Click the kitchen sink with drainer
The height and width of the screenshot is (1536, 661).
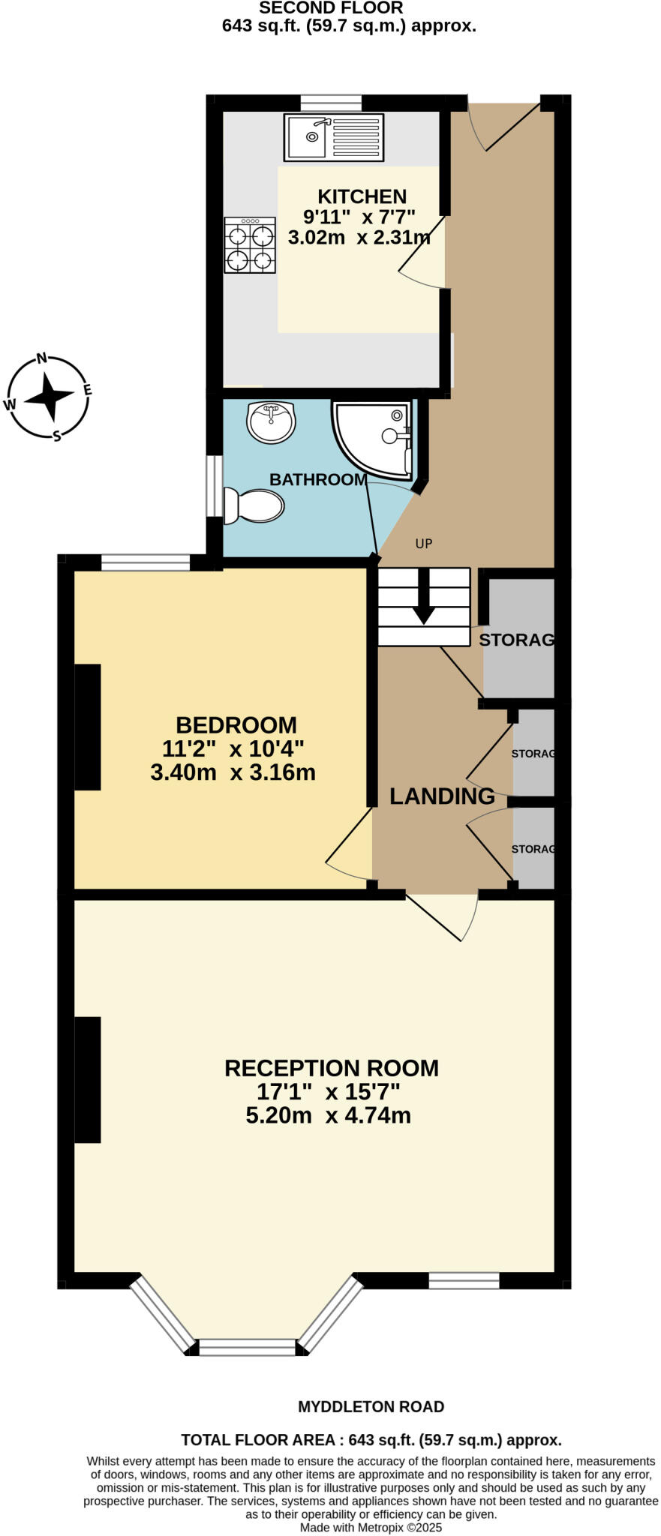pos(333,137)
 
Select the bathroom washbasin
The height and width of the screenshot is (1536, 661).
pos(270,421)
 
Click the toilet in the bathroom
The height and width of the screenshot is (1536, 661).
pos(254,506)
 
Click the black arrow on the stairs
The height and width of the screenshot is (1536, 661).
pos(423,597)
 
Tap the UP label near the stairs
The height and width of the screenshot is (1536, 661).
pos(424,544)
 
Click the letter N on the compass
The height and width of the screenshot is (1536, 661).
pos(44,358)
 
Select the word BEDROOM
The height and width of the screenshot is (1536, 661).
pos(236,725)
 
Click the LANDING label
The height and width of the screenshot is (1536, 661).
pos(442,796)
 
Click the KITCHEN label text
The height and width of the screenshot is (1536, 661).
pos(362,196)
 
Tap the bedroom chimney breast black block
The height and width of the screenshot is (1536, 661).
pos(88,727)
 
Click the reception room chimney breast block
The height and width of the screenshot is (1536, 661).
pos(88,1080)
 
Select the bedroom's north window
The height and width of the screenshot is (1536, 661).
pos(146,562)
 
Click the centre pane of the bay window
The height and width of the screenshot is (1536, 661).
pos(248,1348)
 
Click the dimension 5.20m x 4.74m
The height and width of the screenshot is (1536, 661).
pos(328,1116)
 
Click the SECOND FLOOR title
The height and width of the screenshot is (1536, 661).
pos(331,8)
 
